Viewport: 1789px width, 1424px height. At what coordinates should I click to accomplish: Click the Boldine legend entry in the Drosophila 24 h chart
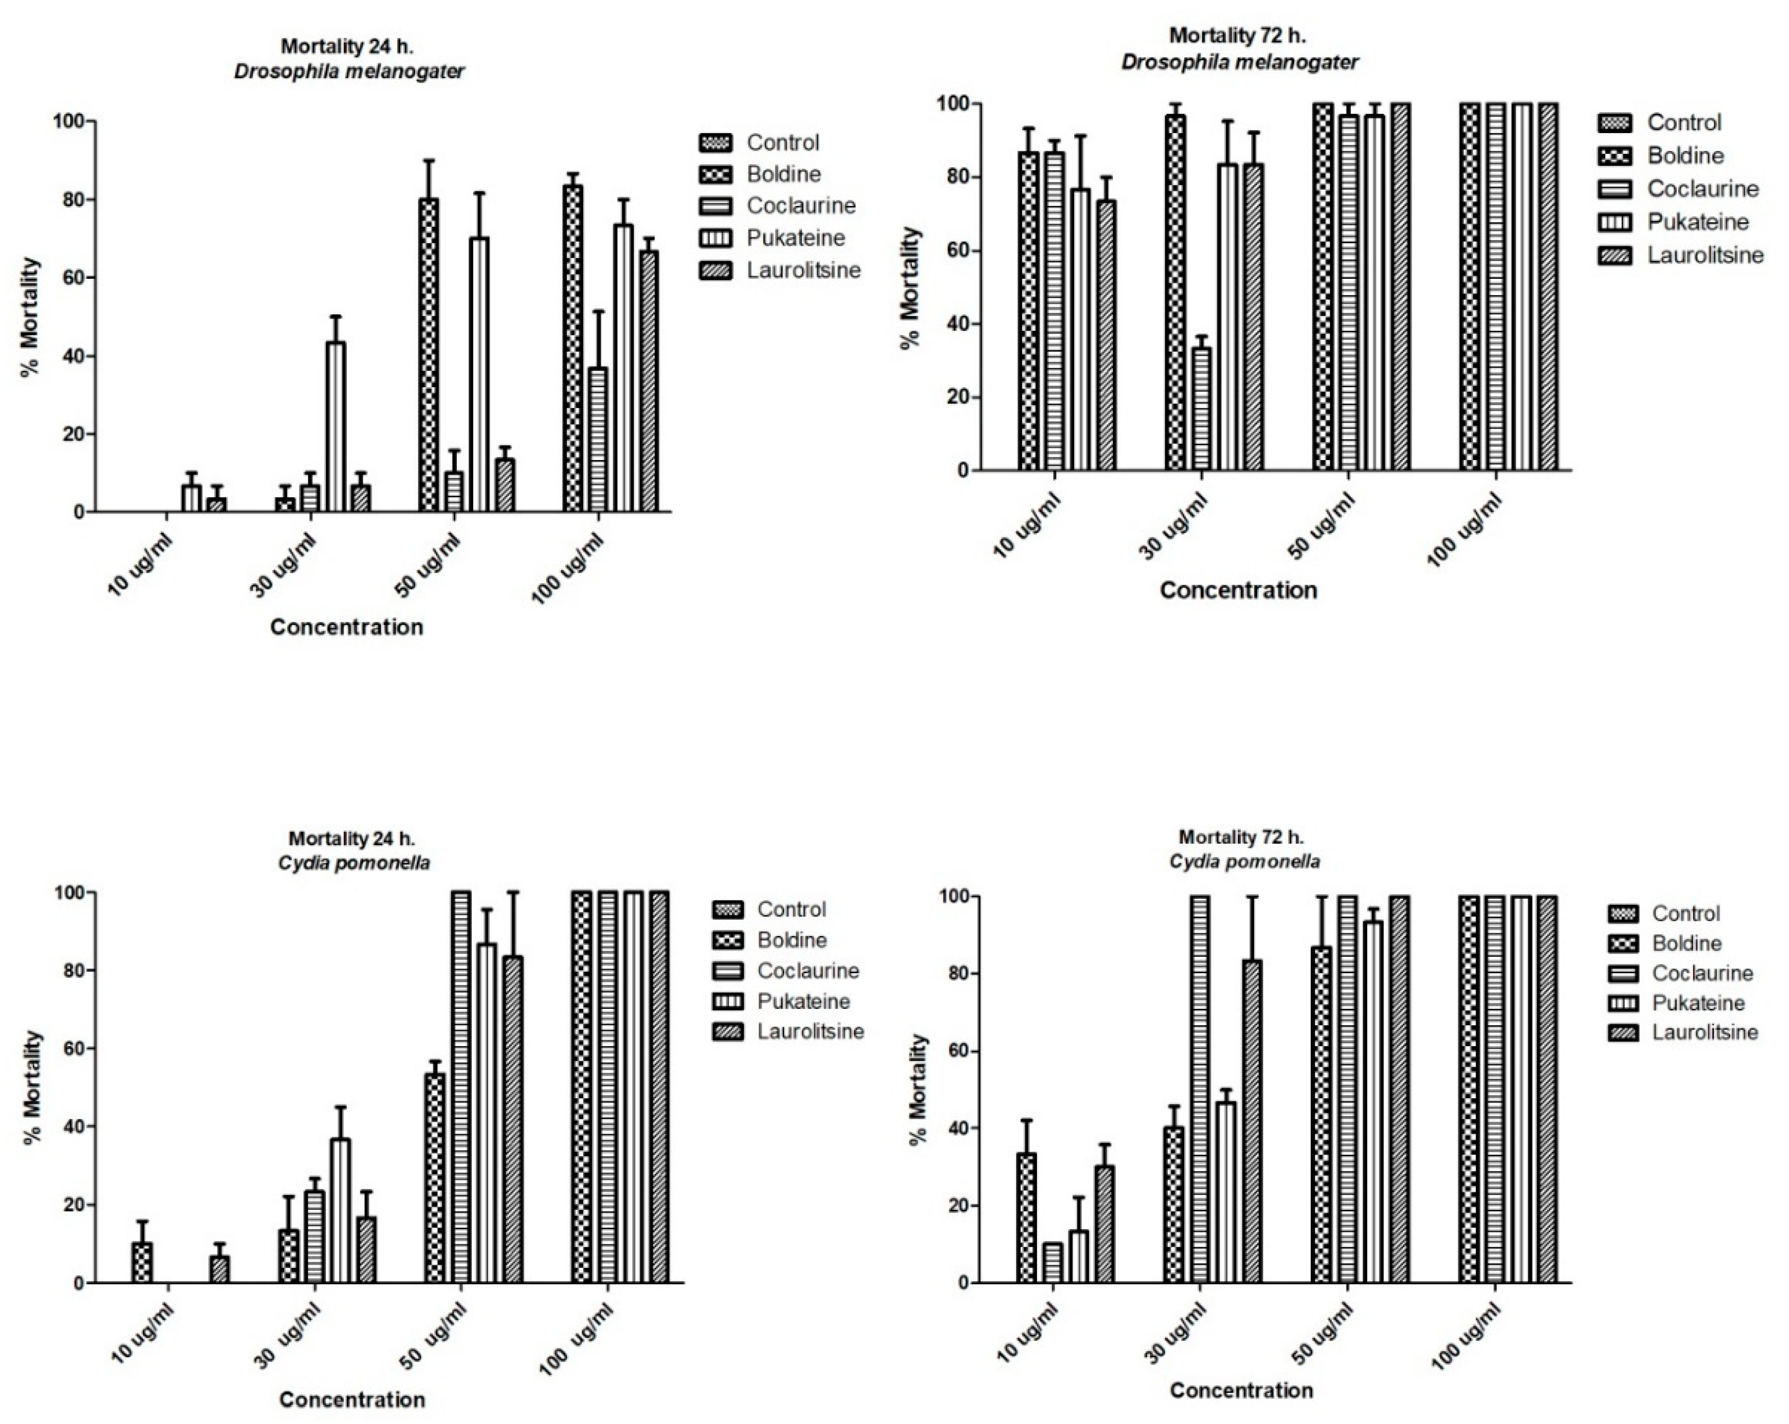pos(782,174)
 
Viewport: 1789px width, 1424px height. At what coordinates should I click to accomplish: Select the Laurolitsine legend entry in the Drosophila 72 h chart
pos(1704,255)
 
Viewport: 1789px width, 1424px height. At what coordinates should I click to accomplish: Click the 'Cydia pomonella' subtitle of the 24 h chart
pos(354,863)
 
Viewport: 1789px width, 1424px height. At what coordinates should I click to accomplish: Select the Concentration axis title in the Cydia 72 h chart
pos(1241,1390)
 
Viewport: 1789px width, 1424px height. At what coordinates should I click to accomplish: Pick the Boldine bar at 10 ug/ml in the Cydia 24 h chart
pos(142,1262)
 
